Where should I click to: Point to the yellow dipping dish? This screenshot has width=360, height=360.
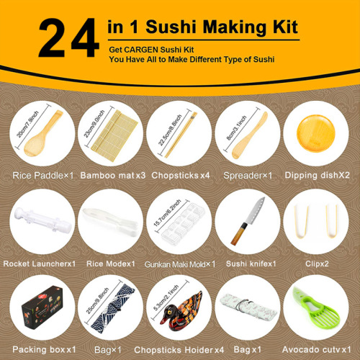pyautogui.click(x=318, y=132)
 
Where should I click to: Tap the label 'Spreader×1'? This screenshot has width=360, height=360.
pyautogui.click(x=248, y=175)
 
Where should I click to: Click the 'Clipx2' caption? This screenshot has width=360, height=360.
pyautogui.click(x=318, y=264)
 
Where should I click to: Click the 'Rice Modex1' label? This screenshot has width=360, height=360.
pyautogui.click(x=109, y=264)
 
